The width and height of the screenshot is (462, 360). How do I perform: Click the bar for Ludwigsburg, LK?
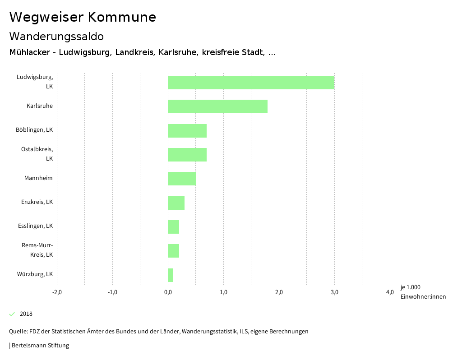pos(251,83)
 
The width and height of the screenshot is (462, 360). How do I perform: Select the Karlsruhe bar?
pos(217,106)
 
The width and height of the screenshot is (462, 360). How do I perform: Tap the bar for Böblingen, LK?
pos(187,130)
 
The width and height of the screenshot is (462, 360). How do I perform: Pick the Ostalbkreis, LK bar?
pos(187,154)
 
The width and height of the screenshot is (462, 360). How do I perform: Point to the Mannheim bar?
pos(182,179)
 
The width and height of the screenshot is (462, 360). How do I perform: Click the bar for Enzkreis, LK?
pos(176,203)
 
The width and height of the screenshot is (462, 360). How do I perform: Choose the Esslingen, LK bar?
pos(173,227)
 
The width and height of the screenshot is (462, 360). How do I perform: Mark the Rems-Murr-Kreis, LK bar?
pos(173,251)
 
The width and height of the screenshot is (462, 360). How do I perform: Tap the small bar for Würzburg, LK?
pos(171,275)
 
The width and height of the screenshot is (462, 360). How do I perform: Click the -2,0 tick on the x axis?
pos(57,292)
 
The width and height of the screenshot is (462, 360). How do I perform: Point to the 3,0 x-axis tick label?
pos(334,292)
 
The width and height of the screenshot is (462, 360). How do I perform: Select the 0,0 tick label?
pos(168,292)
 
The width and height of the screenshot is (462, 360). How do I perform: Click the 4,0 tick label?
pos(390,292)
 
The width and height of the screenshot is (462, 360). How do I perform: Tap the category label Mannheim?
pos(38,178)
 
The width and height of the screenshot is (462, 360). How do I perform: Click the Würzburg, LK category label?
pos(35,274)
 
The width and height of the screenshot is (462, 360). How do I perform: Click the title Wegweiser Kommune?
pos(83,17)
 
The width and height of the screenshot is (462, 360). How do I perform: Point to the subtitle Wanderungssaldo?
pos(56,36)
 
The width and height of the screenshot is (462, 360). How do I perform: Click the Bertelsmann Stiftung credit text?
pos(40,346)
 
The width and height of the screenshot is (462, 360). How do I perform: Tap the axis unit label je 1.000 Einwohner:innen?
pos(423,292)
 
